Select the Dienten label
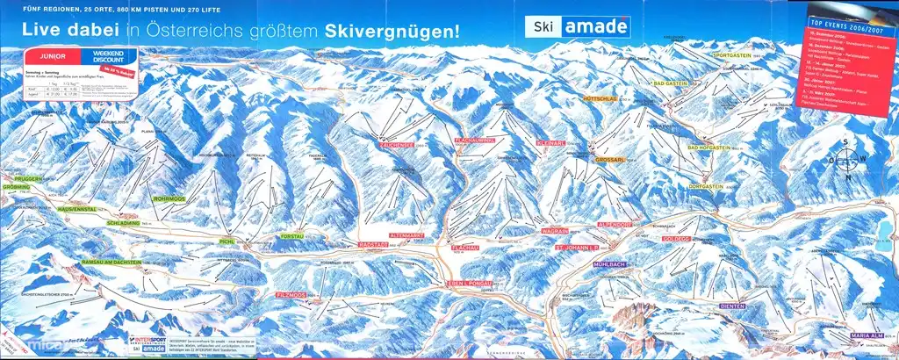click(728, 307)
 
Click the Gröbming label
click(21, 188)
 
